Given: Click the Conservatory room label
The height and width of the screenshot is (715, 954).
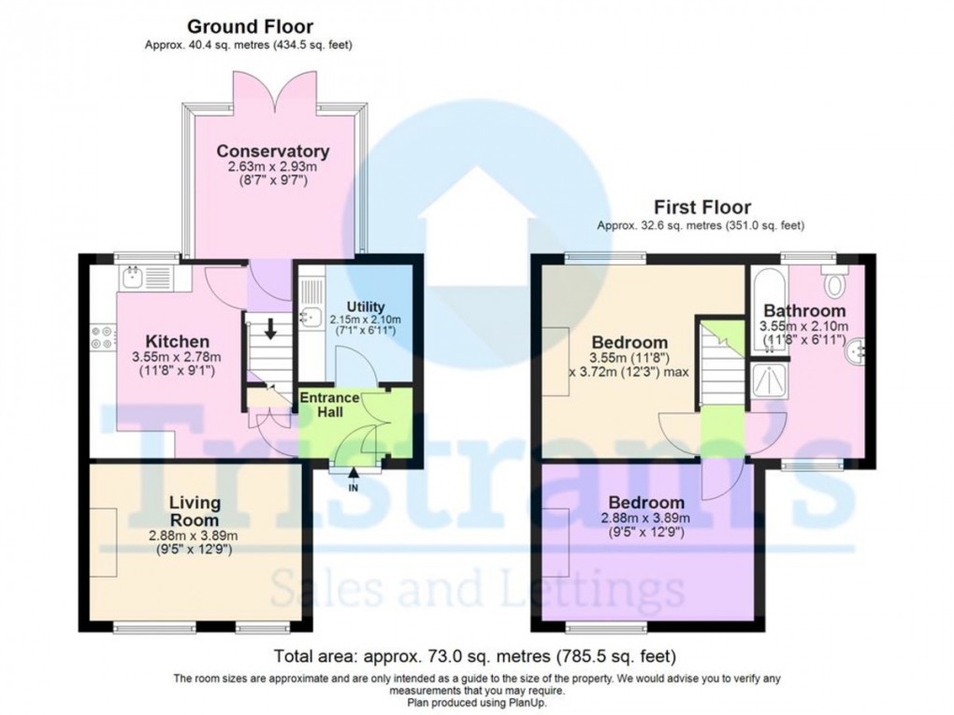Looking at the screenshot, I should tap(272, 151).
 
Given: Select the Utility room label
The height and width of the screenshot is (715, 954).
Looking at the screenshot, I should tap(365, 307).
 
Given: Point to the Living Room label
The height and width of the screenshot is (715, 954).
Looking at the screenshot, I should tap(195, 512).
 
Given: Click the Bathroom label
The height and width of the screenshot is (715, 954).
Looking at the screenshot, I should tap(804, 310).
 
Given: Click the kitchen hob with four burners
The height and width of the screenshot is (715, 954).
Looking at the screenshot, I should tap(101, 337).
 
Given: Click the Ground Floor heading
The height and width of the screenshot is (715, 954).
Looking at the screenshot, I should tap(250, 27).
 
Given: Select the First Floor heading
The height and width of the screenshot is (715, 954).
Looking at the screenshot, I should tap(701, 207).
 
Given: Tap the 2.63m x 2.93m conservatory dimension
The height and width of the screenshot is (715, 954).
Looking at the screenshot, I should tap(272, 167).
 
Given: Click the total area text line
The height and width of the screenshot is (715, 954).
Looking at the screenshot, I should tap(474, 655).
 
